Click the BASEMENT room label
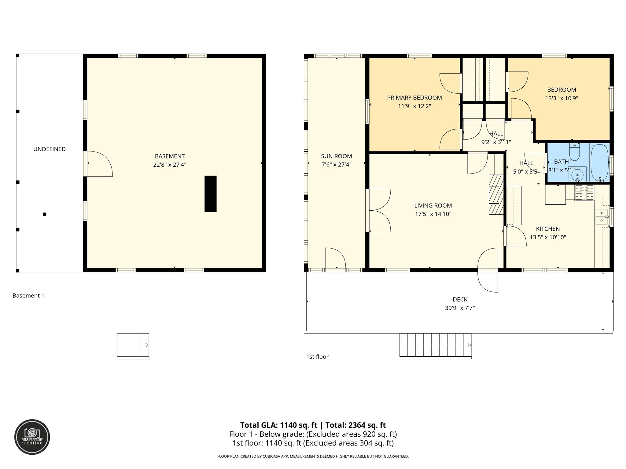[170, 156]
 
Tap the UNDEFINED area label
[50, 149]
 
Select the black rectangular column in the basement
[210, 194]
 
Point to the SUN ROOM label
[336, 156]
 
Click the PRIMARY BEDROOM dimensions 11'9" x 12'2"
[414, 106]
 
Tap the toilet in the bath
[574, 152]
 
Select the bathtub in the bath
[599, 163]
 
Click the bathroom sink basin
[577, 175]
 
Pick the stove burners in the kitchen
[584, 192]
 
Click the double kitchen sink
[601, 216]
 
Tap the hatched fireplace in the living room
[495, 195]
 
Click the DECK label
[460, 300]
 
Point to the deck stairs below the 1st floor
[435, 345]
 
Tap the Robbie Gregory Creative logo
[32, 437]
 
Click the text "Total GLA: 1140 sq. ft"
[278, 425]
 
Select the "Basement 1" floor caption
[28, 296]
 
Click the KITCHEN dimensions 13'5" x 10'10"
[548, 237]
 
